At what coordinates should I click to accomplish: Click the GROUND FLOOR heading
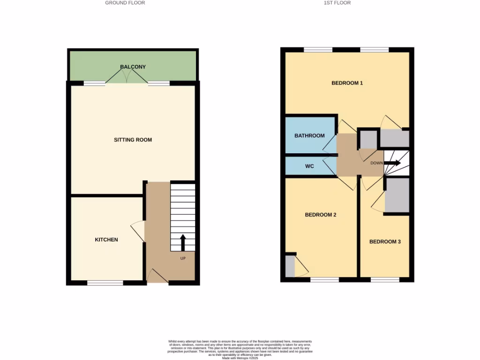point(125,3)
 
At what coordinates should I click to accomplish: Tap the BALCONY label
point(133,67)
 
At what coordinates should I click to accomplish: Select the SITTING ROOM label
point(133,140)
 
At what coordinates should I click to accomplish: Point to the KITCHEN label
point(106,240)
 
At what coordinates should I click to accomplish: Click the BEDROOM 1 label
point(347,83)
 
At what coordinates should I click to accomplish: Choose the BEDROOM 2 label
point(321,215)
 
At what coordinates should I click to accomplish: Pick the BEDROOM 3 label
point(385,242)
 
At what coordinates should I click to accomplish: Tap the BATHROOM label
point(309,135)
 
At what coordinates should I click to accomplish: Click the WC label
point(309,166)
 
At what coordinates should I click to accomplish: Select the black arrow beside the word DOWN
point(393,163)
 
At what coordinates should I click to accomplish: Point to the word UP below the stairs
point(183,258)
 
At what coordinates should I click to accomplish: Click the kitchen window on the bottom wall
point(105,282)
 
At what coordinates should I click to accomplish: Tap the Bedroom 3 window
point(385,280)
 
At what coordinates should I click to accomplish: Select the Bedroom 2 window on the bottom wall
point(324,280)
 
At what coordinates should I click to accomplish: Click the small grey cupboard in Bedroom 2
point(290,266)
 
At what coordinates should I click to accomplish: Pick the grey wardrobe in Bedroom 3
point(397,195)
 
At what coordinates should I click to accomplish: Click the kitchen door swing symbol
point(137,231)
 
